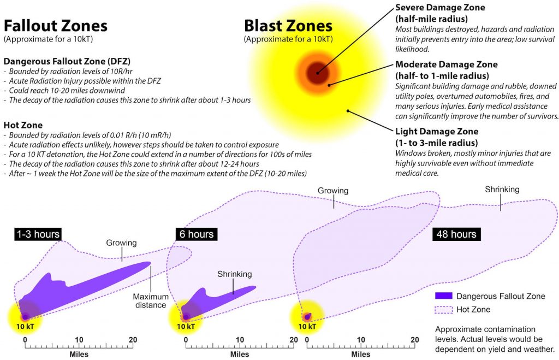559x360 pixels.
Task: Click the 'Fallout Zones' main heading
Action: coord(55,26)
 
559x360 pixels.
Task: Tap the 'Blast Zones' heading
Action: coord(288,26)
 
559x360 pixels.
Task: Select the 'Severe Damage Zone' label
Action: coord(440,8)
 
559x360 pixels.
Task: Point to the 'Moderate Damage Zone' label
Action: coord(447,64)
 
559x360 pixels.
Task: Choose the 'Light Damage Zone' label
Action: coord(437,131)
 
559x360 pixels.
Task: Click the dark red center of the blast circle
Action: coord(317,73)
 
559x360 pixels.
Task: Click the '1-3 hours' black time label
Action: coord(38,234)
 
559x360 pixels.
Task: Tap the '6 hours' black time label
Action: coord(197,234)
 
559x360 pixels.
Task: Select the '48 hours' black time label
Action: coord(456,234)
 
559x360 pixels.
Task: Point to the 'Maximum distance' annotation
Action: coord(151,301)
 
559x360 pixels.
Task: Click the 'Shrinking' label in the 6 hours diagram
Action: coord(235,274)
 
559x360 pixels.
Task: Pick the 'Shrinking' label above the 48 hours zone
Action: coord(502,190)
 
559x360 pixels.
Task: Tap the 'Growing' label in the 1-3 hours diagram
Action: coord(121,243)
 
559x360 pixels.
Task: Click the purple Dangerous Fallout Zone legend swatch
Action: coord(443,296)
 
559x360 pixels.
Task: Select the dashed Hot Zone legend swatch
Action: coord(443,309)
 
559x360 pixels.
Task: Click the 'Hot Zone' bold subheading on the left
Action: coord(23,125)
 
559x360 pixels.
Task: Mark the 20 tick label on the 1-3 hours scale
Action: coord(133,340)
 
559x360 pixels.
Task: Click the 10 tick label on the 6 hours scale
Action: coord(240,340)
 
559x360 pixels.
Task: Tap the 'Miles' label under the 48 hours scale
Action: coord(361,355)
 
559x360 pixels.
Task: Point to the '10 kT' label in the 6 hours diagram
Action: coord(186,326)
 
